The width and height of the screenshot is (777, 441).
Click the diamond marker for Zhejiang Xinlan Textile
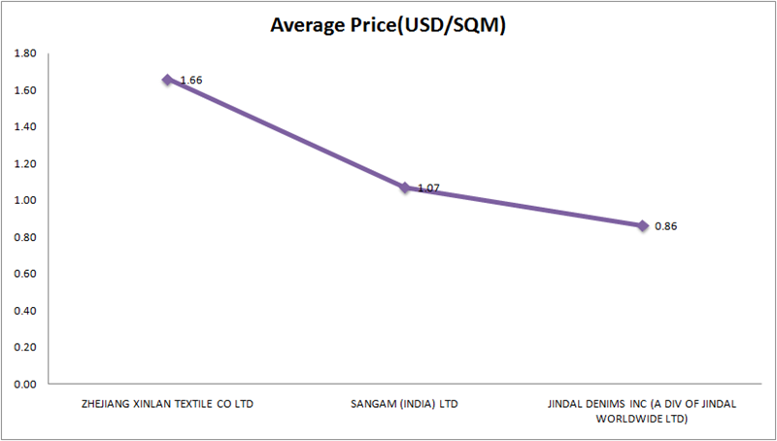[x=167, y=80]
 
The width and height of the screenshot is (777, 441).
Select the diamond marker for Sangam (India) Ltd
[x=405, y=187]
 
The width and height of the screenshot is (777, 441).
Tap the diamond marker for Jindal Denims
[x=642, y=225]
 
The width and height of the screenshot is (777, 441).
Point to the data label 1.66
[x=191, y=80]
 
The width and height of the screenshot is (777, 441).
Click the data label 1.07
[x=428, y=188]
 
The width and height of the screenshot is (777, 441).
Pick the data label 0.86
[x=665, y=226]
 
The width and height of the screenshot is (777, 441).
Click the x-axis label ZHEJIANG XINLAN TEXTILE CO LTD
[x=167, y=403]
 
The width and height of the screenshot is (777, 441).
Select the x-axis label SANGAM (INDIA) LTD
[x=405, y=403]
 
